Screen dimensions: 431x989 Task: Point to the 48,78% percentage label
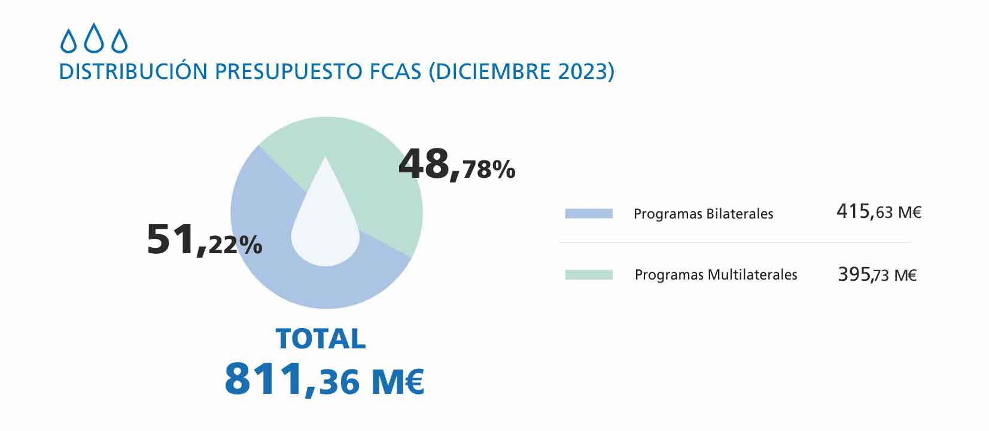pyautogui.click(x=457, y=165)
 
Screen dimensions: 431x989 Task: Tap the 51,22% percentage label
pyautogui.click(x=204, y=239)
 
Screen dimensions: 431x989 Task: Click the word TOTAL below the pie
pyautogui.click(x=321, y=339)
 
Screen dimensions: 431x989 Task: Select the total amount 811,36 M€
pyautogui.click(x=324, y=380)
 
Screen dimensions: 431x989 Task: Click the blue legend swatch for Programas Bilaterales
pyautogui.click(x=589, y=214)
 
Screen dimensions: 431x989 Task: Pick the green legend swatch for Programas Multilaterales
pyautogui.click(x=589, y=275)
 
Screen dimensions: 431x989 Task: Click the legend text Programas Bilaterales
pyautogui.click(x=703, y=214)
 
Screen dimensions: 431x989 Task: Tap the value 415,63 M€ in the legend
pyautogui.click(x=878, y=212)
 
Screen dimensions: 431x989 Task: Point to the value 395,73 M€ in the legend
pyautogui.click(x=877, y=275)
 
